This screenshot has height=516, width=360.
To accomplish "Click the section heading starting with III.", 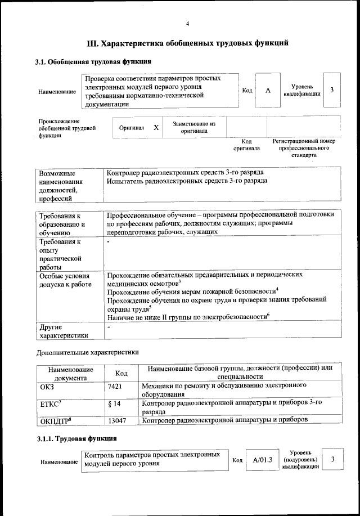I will (x=188, y=43).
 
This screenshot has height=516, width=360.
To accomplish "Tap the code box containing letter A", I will (x=268, y=91).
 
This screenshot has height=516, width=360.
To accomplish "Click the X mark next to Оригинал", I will (x=156, y=128).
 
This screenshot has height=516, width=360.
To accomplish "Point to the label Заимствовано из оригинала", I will (x=194, y=127).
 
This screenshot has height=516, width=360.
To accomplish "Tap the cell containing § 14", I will (x=114, y=403).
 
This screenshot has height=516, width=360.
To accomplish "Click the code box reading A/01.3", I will (x=262, y=460).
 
